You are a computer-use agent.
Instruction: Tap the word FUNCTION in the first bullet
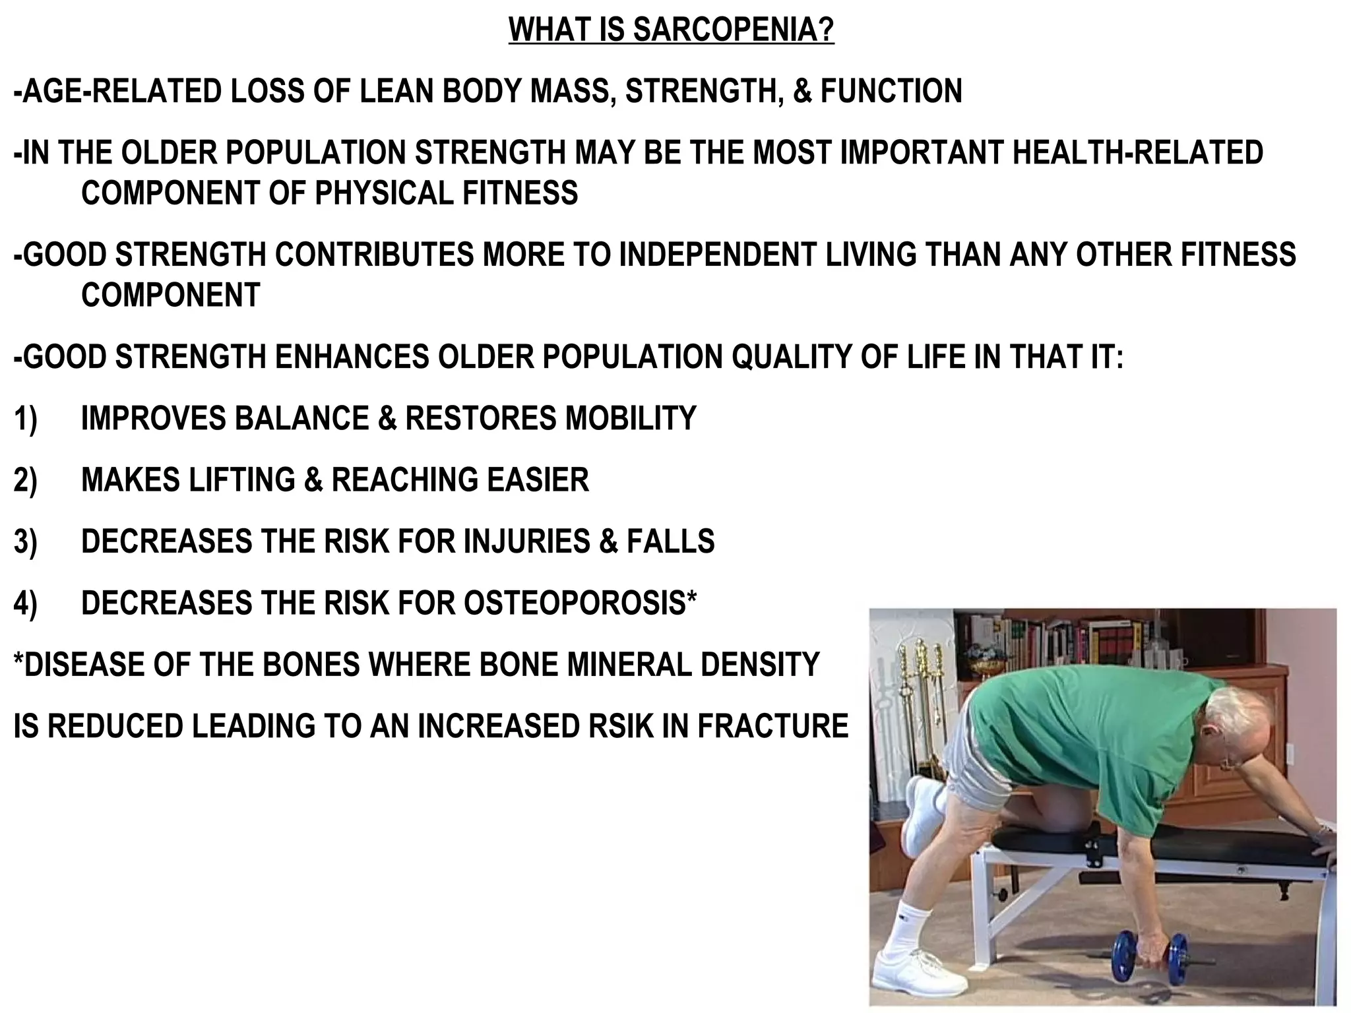coord(891,92)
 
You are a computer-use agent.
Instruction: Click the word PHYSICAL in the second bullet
coord(384,193)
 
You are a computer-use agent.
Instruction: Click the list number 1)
coord(25,419)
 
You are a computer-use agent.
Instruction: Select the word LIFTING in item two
coord(241,480)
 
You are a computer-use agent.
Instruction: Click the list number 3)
coord(25,541)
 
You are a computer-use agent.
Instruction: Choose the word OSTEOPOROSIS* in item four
coord(581,603)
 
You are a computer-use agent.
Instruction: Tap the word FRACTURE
coord(772,725)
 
